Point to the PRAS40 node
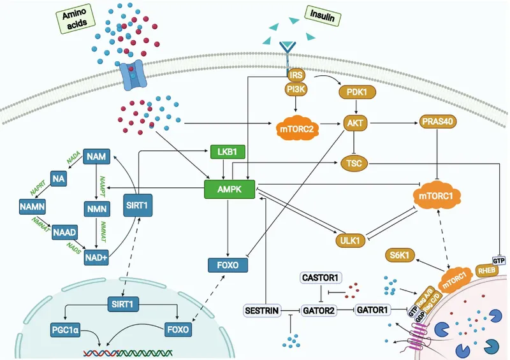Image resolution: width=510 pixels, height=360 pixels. (x=436, y=121)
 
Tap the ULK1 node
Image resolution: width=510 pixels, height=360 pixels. (x=351, y=240)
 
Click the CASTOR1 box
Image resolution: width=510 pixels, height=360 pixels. (x=322, y=277)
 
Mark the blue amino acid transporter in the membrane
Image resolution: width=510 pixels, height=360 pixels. (x=131, y=75)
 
